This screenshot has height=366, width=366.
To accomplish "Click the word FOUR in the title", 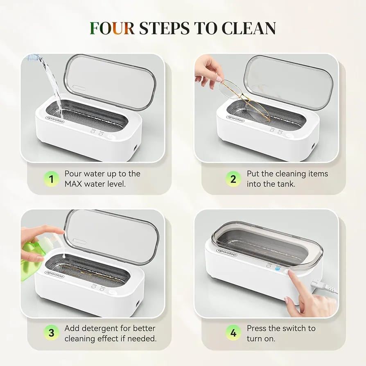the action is point(112,28).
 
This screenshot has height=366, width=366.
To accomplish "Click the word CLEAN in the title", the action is point(249,28).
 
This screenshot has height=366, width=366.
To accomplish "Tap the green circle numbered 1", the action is point(51,179).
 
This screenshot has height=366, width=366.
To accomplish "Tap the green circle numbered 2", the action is point(233,179).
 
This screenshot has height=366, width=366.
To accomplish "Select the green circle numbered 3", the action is point(51,332).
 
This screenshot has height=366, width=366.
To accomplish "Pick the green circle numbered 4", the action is point(233,332).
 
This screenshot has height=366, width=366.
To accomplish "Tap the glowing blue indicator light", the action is point(278,269).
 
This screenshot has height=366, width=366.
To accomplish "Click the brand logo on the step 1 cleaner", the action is point(55,120).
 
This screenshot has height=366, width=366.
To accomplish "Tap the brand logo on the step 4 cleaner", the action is point(227,253).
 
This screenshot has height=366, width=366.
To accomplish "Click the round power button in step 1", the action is point(109,137).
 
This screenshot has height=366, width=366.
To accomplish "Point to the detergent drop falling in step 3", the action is point(64,256).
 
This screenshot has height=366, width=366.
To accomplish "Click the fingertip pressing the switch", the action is point(290,272).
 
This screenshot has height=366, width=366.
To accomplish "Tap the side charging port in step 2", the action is point(313,147).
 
